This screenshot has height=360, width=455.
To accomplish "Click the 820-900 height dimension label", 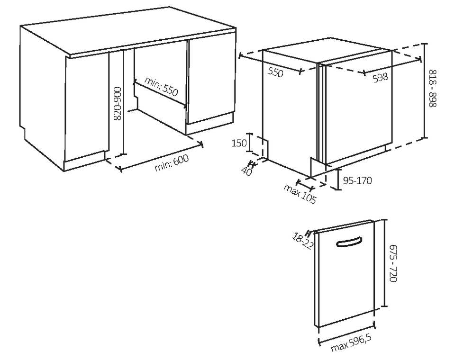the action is coord(118,103).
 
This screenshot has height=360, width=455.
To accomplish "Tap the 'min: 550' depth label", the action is coord(161,86).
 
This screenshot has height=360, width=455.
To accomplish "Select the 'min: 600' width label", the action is coord(172,162).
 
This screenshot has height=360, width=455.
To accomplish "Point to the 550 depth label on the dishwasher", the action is coord(275,72).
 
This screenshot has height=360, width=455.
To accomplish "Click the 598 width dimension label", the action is coord(381,77).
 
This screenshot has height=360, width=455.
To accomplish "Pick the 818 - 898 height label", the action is coord(432,88).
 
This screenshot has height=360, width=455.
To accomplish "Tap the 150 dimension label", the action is coord(239,143).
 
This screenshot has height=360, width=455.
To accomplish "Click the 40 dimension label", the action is coord(246,171).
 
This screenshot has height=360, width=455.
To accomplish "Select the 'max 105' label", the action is coord(300,194).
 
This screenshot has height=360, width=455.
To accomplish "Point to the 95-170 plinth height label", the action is coord(357,181).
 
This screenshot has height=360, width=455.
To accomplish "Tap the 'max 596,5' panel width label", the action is coord(351,343).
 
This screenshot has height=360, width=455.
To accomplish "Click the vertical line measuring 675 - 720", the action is coord(385,263).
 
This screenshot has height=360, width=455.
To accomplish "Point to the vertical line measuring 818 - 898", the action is coord(425,90).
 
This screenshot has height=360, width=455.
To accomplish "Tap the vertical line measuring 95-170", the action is coord(338,180).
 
